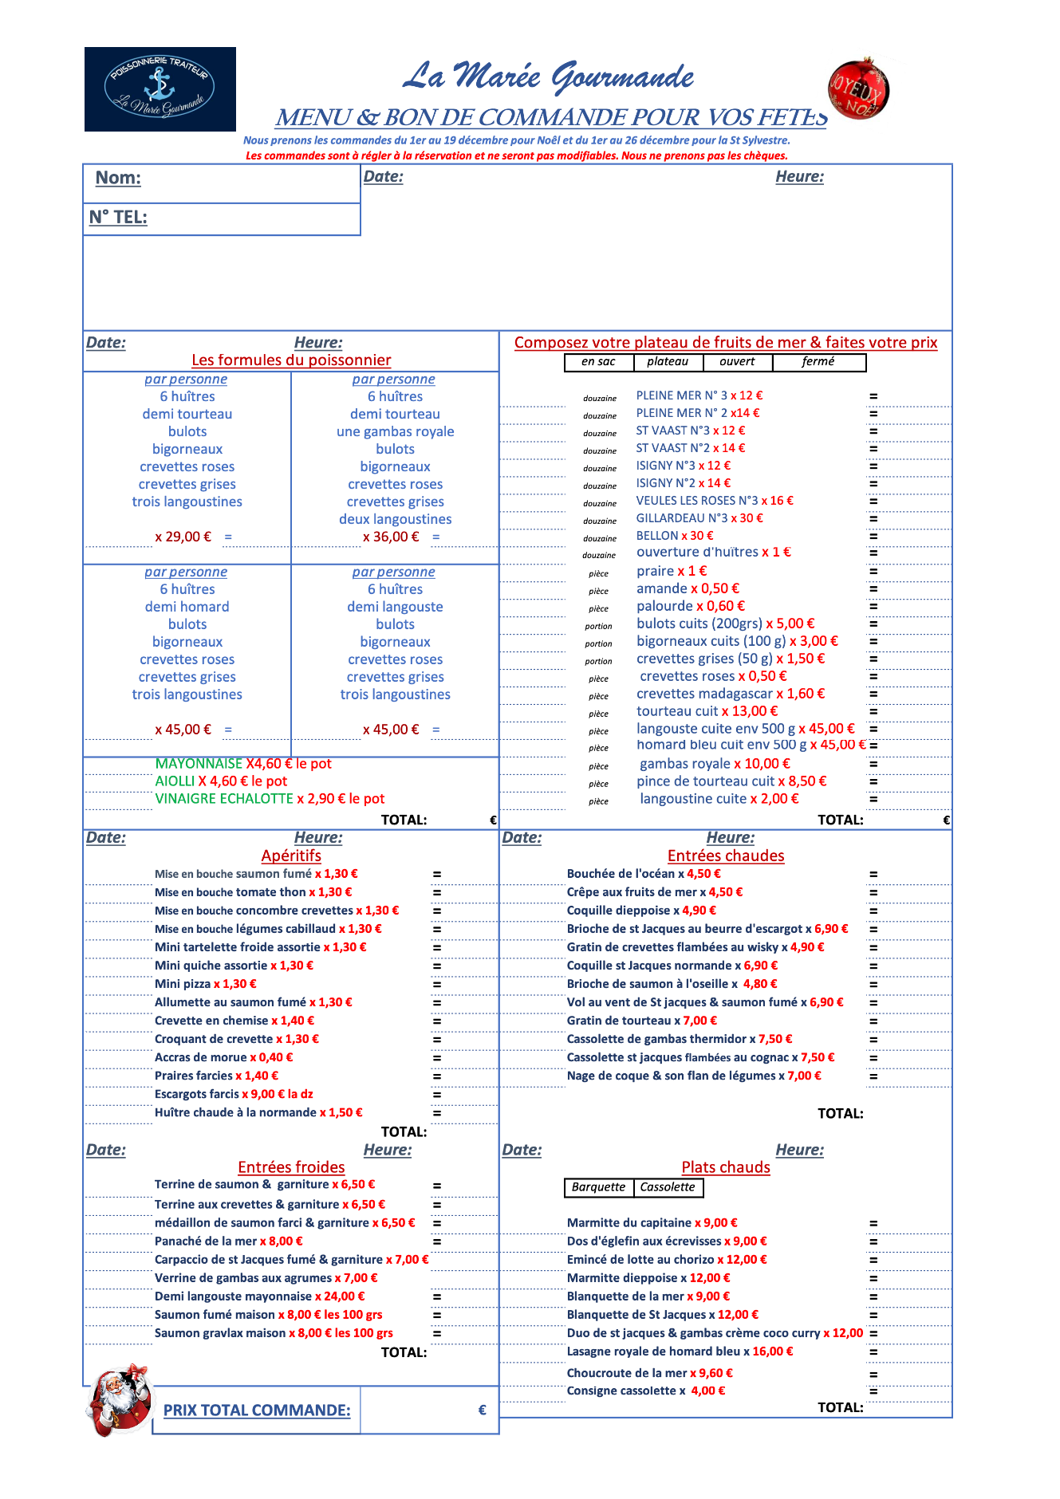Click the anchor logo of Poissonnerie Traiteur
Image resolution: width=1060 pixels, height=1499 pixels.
[x=160, y=89]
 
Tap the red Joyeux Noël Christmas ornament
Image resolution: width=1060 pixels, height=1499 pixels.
[x=859, y=89]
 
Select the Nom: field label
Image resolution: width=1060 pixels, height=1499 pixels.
[x=118, y=178]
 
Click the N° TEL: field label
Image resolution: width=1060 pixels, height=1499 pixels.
[x=118, y=218]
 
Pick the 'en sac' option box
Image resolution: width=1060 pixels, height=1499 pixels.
[x=598, y=362]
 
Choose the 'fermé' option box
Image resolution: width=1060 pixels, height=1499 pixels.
[x=818, y=362]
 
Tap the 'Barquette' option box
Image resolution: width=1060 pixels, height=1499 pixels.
[x=598, y=1187]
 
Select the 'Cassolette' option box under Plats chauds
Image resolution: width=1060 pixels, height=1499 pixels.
[x=668, y=1187]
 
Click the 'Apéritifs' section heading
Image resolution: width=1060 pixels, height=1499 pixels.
[x=291, y=856]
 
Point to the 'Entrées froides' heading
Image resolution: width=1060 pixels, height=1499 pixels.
[x=291, y=1167]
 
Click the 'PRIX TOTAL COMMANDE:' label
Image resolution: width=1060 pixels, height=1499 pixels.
[x=257, y=1410]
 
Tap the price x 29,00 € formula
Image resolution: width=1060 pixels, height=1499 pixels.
[x=183, y=537]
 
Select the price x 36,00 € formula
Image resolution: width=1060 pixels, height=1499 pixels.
[x=391, y=537]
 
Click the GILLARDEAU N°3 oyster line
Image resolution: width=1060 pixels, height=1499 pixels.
[x=699, y=518]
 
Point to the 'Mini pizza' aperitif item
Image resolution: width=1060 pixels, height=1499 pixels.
[x=205, y=984]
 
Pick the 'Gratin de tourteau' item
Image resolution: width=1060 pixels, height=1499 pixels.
[x=641, y=1021]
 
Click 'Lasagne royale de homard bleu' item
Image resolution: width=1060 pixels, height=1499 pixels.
[x=680, y=1351]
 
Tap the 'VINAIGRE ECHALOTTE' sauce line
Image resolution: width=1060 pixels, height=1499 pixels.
[x=270, y=799]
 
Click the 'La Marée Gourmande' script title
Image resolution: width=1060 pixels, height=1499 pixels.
[x=549, y=77]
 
